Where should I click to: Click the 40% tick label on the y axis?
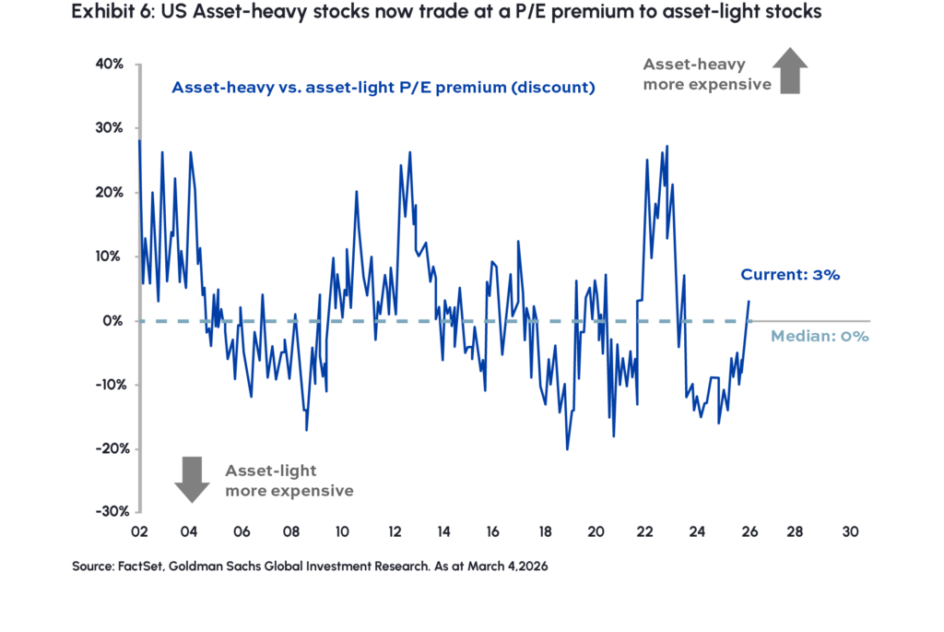point(112,65)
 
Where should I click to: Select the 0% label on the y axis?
point(116,321)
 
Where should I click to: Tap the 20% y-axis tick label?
point(112,193)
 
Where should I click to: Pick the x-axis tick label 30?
point(850,532)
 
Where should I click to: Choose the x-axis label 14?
point(443,532)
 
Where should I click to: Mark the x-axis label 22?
point(646,532)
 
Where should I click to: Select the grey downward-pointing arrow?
point(192,480)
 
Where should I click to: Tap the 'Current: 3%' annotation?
point(790,275)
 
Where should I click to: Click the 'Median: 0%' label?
point(820,337)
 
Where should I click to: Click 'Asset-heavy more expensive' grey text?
point(706,74)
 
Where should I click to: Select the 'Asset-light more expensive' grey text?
point(289,481)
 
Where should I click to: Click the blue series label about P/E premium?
point(383,89)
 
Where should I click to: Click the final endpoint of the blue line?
point(749,300)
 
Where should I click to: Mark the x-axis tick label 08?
point(290,532)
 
